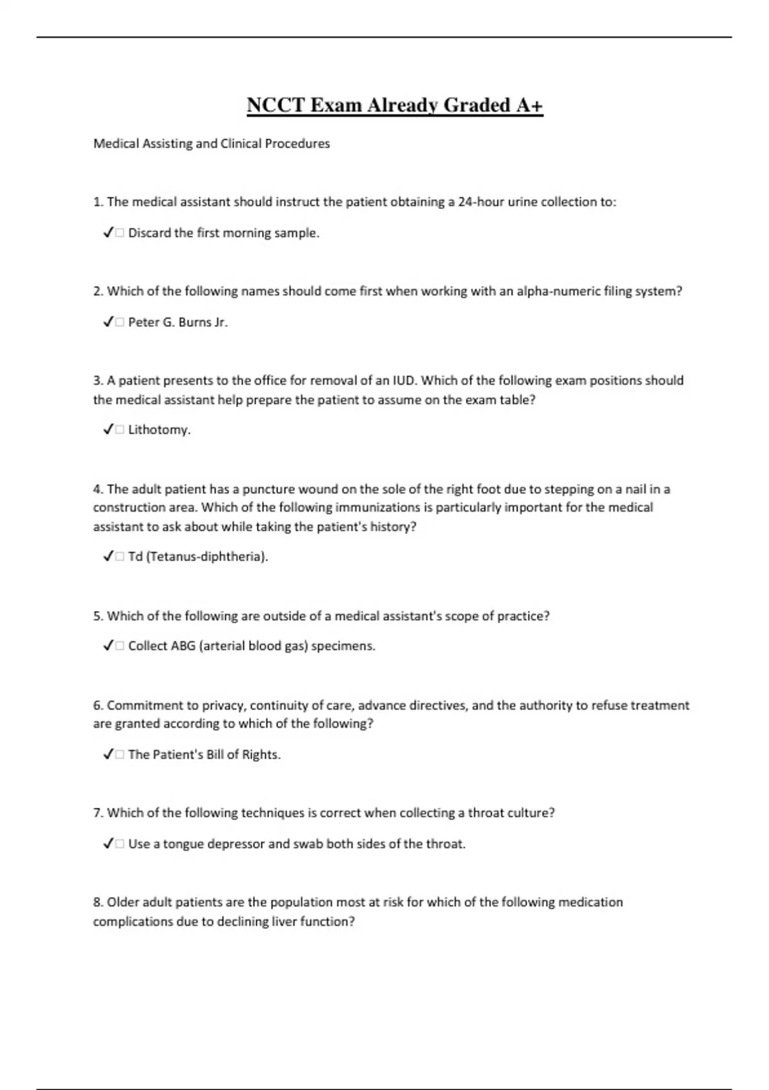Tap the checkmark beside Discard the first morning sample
click(x=108, y=233)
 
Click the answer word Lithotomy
click(x=158, y=430)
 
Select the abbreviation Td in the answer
click(x=135, y=557)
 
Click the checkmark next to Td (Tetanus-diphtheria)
click(x=108, y=557)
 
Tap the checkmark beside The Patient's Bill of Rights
click(x=108, y=755)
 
